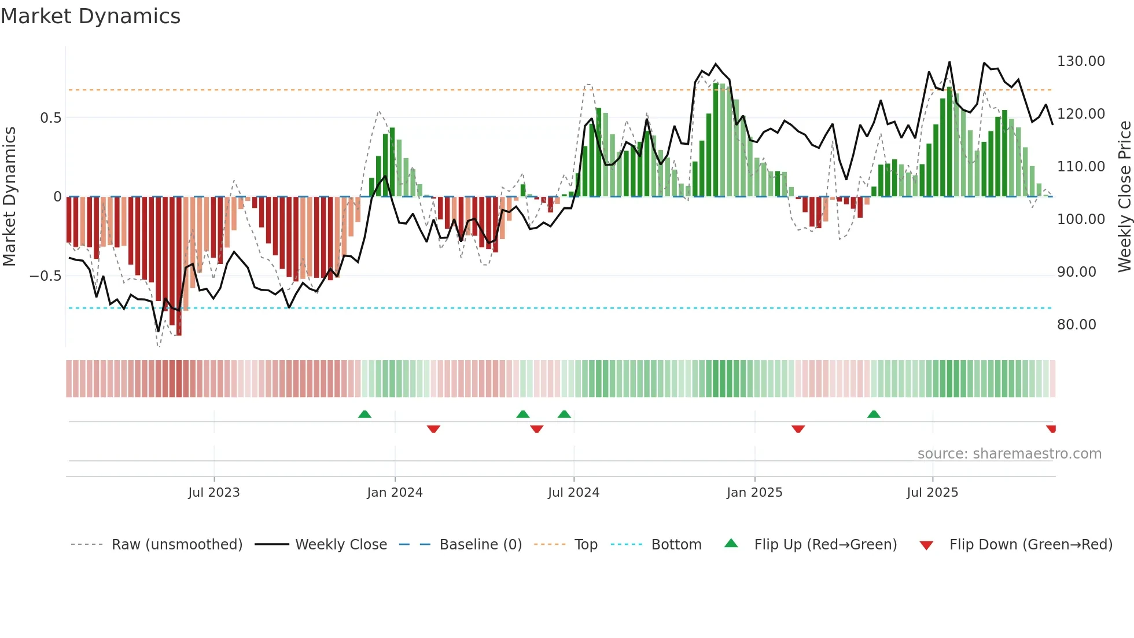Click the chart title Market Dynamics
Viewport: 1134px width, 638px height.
click(90, 16)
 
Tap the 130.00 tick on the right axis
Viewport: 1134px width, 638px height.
click(1081, 61)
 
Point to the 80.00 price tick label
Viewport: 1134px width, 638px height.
click(1076, 325)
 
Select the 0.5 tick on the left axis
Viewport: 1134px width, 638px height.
click(50, 118)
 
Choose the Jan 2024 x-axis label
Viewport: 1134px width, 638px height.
click(395, 493)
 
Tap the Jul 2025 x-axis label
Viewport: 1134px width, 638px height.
click(932, 493)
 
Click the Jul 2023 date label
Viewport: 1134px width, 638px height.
click(213, 493)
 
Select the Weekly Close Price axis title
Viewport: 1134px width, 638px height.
click(1124, 197)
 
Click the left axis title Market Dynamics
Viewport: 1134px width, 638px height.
click(9, 197)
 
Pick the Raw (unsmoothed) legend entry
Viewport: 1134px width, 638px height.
click(176, 545)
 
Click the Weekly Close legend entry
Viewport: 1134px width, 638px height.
click(341, 545)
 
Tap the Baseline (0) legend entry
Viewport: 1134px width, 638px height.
click(480, 545)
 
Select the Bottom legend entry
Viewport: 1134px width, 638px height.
click(676, 545)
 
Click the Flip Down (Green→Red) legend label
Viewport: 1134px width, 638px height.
click(1030, 545)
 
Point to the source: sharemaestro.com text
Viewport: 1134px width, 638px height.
click(1009, 454)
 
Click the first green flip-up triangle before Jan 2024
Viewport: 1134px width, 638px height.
click(365, 414)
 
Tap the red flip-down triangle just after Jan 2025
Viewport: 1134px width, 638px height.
click(798, 429)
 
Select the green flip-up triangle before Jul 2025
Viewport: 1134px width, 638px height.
click(874, 414)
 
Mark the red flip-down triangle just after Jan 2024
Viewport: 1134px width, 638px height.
click(433, 429)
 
